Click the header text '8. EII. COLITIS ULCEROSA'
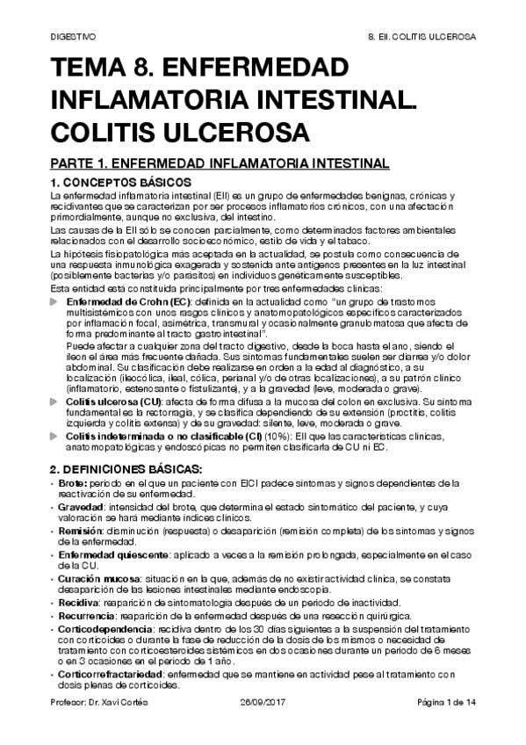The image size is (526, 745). (x=420, y=39)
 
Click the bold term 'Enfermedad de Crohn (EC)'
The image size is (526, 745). (x=127, y=300)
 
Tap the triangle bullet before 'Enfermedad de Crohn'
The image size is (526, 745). (x=57, y=300)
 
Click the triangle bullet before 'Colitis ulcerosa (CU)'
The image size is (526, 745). (x=57, y=401)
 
